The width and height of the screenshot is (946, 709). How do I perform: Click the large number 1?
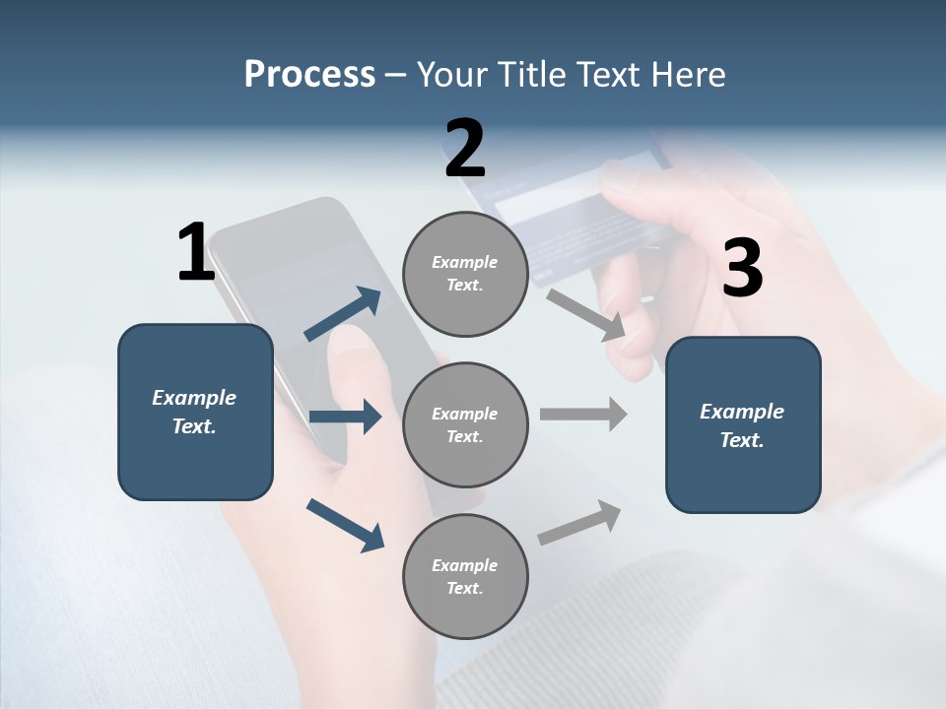pyautogui.click(x=196, y=253)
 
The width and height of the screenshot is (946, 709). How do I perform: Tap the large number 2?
pyautogui.click(x=465, y=149)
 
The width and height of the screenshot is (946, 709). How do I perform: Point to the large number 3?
pyautogui.click(x=742, y=269)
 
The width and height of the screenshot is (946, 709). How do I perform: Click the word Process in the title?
pyautogui.click(x=309, y=74)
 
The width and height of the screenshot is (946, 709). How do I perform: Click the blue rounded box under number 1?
pyautogui.click(x=195, y=412)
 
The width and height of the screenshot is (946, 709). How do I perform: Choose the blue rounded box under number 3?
pyautogui.click(x=743, y=424)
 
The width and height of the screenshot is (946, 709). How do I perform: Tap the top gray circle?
pyautogui.click(x=465, y=274)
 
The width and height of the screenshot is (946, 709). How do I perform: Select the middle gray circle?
pyautogui.click(x=465, y=424)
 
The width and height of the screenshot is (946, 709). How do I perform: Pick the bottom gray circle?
pyautogui.click(x=465, y=576)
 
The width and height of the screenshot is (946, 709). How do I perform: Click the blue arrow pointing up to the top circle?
pyautogui.click(x=343, y=314)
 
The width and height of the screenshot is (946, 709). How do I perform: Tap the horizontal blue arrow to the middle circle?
pyautogui.click(x=345, y=417)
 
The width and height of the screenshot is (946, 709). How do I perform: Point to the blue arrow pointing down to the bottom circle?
pyautogui.click(x=345, y=525)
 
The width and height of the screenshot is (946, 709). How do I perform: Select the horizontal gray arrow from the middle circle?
pyautogui.click(x=583, y=414)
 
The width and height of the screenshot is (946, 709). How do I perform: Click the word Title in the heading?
pyautogui.click(x=532, y=74)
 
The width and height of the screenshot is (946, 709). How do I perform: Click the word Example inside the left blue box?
pyautogui.click(x=194, y=398)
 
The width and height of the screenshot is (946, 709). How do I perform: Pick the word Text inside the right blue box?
pyautogui.click(x=741, y=440)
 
